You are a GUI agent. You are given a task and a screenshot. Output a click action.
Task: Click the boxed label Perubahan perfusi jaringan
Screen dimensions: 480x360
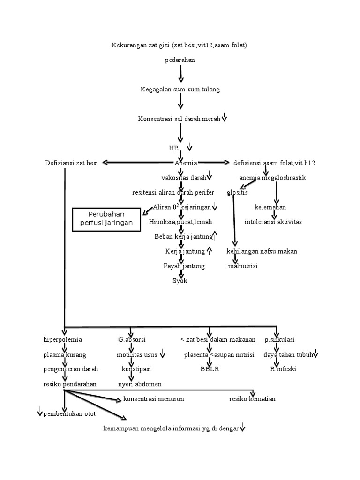106,219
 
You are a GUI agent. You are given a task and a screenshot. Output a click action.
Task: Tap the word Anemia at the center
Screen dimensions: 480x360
186,163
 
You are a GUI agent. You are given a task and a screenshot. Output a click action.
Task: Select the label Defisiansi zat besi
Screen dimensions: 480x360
71,163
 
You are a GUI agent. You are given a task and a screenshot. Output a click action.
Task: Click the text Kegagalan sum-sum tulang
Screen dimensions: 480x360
180,89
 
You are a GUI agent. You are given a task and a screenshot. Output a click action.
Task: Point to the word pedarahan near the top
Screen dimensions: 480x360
180,60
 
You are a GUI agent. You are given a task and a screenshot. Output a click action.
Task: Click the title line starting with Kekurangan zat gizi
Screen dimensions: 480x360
179,45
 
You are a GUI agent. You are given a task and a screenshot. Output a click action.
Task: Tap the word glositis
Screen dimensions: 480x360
237,193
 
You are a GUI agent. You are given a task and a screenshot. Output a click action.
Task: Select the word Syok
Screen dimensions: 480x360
180,281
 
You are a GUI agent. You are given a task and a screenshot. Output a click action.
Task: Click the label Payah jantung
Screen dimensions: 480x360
184,266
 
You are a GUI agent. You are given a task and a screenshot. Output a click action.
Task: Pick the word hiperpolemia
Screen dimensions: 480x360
62,340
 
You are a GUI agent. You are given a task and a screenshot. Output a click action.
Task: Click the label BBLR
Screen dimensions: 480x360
210,369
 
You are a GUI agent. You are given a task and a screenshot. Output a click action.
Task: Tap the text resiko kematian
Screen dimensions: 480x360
252,399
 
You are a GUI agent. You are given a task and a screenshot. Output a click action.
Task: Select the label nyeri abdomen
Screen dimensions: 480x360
140,384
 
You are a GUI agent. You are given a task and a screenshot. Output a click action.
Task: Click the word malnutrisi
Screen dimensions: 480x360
243,266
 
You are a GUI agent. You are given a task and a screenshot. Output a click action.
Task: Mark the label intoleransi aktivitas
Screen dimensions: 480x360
273,222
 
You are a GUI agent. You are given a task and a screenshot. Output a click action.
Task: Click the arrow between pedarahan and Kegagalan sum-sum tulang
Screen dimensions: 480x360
180,74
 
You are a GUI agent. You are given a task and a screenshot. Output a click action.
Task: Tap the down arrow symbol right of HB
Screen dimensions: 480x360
190,147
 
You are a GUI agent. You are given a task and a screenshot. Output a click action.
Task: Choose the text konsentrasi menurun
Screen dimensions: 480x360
153,399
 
